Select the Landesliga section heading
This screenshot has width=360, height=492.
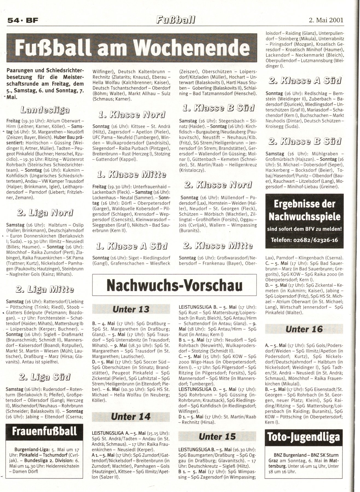tap(45, 110)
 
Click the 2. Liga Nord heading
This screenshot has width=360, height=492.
tap(45, 213)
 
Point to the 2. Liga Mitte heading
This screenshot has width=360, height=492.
tap(45, 289)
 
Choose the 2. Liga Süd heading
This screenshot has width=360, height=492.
tap(45, 377)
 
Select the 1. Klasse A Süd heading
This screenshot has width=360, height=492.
tap(131, 246)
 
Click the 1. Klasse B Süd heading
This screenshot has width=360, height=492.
tap(218, 108)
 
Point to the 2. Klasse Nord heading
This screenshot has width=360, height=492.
tap(218, 185)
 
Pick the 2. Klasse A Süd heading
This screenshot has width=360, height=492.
tap(304, 81)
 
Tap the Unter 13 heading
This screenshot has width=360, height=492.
tap(131, 309)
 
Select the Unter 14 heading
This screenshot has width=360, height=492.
tap(131, 417)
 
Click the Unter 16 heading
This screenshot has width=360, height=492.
tap(304, 329)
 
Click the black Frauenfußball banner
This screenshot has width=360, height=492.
tap(45, 431)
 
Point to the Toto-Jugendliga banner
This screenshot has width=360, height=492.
tap(304, 444)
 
